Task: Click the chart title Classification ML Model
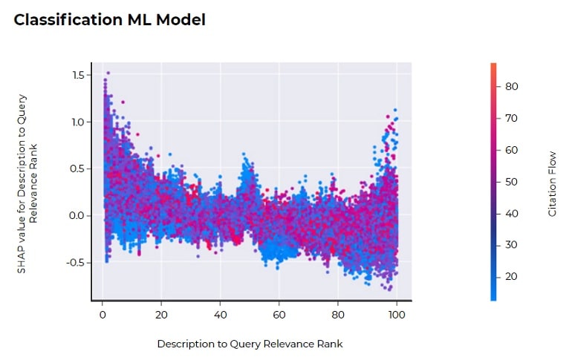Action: click(x=110, y=20)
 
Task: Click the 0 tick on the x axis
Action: click(x=103, y=314)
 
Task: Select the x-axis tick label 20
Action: click(x=161, y=314)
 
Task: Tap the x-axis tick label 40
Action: click(x=220, y=314)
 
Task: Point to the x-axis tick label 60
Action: click(x=279, y=314)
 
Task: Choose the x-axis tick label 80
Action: click(x=338, y=314)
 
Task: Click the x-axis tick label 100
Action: click(x=397, y=314)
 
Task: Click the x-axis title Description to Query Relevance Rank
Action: click(x=250, y=344)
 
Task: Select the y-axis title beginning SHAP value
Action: click(x=27, y=183)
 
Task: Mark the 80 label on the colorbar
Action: click(x=511, y=87)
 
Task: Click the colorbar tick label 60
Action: click(x=511, y=150)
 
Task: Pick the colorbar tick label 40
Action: click(x=511, y=214)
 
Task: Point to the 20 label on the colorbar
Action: click(x=511, y=277)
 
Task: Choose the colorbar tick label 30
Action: click(x=511, y=245)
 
